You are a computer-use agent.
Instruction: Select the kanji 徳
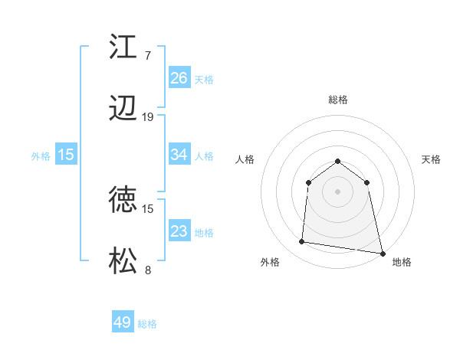point(123,200)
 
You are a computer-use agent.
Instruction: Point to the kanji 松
point(123,262)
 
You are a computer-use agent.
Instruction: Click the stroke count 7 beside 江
point(147,55)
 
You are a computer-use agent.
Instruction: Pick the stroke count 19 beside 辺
point(148,117)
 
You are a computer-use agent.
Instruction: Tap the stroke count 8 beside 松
point(148,270)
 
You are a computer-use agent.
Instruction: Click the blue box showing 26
point(179,78)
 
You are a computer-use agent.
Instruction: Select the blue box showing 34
point(179,155)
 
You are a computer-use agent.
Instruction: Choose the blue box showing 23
point(179,231)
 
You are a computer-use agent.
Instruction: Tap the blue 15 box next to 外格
point(66,155)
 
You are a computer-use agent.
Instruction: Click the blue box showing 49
point(123,322)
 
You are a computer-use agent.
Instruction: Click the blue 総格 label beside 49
point(147,324)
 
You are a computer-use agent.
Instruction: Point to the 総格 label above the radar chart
point(338,100)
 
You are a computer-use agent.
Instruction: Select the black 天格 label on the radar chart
point(431,159)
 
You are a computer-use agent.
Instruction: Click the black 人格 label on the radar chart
point(245,159)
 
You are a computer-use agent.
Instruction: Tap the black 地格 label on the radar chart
point(402,262)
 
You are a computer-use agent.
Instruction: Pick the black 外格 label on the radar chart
point(270,262)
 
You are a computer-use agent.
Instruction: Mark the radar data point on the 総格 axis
point(338,161)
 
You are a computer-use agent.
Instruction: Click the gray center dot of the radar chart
point(338,191)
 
